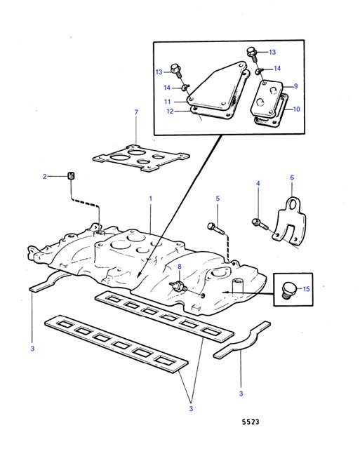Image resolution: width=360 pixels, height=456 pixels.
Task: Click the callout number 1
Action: [149, 199]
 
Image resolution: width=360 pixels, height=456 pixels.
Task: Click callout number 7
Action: [136, 112]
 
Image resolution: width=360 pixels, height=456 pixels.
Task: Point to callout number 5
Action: [218, 199]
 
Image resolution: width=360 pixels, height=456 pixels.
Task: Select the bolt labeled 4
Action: [258, 224]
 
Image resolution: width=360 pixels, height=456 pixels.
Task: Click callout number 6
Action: [291, 177]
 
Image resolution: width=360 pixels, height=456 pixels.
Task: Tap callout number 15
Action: [306, 288]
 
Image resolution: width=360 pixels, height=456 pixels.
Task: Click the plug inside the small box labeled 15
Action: [286, 290]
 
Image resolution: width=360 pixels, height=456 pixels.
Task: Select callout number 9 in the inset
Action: [296, 86]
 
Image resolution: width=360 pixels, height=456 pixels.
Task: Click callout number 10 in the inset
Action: [296, 109]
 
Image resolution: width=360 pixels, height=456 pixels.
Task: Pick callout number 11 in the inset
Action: [168, 102]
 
